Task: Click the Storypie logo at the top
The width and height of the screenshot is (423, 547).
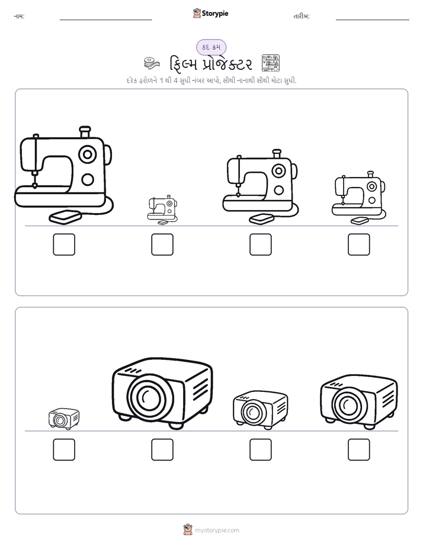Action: click(210, 14)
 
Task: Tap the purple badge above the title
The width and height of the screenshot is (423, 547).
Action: click(211, 47)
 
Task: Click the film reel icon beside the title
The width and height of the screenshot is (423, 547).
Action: click(152, 63)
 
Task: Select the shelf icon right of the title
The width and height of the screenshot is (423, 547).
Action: click(271, 63)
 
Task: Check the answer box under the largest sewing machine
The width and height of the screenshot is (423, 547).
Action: click(64, 244)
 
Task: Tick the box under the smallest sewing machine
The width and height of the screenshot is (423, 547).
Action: click(162, 244)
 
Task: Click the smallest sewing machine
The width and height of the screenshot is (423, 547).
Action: click(162, 210)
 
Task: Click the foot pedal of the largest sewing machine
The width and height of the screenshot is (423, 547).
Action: click(65, 217)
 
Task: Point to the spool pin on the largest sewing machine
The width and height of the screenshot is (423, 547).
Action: click(85, 132)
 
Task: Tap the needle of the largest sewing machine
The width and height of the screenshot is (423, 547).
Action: click(35, 181)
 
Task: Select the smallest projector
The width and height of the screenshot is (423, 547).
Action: click(64, 419)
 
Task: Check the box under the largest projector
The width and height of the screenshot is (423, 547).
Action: click(162, 450)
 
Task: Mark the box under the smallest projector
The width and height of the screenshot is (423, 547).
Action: click(64, 450)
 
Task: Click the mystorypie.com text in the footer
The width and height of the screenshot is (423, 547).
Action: click(217, 530)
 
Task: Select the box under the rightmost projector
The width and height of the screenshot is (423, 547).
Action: click(359, 450)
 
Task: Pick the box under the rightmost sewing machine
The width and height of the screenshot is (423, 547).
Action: click(359, 244)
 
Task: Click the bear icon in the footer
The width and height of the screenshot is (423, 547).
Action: click(188, 530)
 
